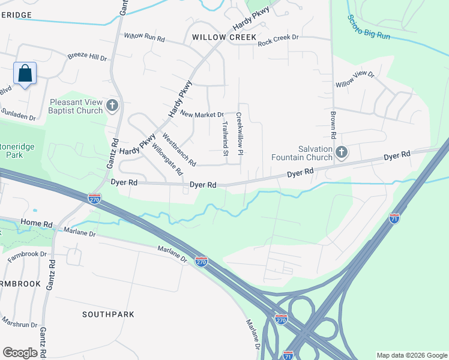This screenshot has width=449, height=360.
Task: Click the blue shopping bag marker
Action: (x=25, y=74)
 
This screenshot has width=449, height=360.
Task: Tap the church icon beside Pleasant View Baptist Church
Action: (x=112, y=106)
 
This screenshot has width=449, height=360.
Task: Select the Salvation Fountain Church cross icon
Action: (x=342, y=152)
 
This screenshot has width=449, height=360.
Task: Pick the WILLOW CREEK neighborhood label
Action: (x=216, y=37)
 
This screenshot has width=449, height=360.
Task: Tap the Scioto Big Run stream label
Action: (x=369, y=26)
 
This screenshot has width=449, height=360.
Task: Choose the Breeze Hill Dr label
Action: (x=87, y=58)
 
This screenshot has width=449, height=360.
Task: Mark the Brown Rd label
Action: (x=332, y=122)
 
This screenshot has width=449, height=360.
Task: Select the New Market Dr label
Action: (x=202, y=115)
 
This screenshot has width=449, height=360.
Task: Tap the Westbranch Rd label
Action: (x=179, y=150)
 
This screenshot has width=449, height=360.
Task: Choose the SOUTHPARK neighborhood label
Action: (x=108, y=314)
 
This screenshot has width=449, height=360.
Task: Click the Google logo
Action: (x=20, y=353)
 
